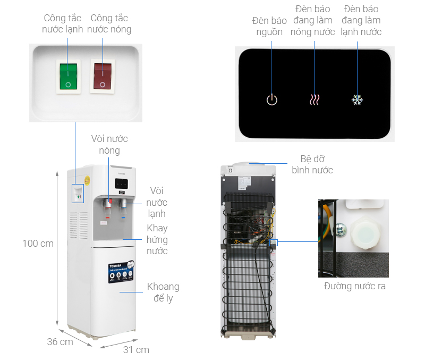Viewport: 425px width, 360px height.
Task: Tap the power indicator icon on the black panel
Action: (271, 99)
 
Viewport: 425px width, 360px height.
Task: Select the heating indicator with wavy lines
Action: (314, 99)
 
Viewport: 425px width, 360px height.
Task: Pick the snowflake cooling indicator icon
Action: (357, 99)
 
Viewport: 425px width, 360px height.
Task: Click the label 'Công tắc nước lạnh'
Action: (63, 23)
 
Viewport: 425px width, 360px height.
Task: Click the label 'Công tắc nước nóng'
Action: (109, 23)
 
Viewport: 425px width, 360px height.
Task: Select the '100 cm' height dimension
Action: (38, 244)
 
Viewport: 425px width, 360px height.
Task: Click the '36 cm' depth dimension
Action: (60, 341)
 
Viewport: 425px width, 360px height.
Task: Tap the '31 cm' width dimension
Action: (136, 349)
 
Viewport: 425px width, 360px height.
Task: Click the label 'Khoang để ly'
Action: (163, 292)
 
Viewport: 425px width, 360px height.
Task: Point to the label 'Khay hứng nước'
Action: (157, 239)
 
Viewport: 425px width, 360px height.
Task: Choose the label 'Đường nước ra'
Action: (355, 286)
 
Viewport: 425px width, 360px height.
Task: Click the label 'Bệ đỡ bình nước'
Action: (312, 164)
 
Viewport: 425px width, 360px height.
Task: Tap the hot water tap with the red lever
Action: (108, 205)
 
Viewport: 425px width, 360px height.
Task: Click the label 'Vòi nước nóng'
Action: (109, 145)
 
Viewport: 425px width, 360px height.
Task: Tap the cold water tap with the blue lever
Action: (124, 205)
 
